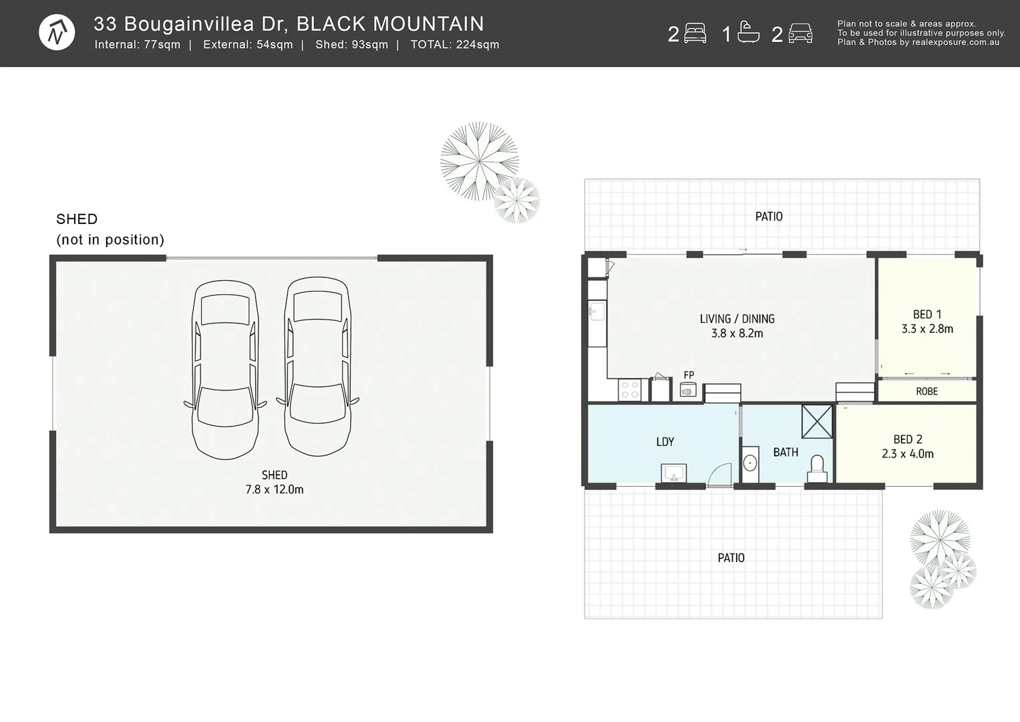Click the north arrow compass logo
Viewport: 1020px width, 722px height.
pos(57,32)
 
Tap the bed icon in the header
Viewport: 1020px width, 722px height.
pos(695,33)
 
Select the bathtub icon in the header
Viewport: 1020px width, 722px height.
pos(748,33)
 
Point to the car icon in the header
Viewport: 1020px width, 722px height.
pos(800,33)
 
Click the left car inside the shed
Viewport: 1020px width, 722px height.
pos(225,370)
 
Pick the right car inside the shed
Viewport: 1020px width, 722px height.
pos(318,367)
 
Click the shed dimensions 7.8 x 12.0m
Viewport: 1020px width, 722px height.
pos(275,489)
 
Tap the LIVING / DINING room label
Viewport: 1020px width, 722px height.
pos(737,319)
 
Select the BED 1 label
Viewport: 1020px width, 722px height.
pos(927,314)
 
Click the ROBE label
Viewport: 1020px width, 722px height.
pos(926,391)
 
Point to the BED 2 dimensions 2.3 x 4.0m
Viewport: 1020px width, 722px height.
pos(907,454)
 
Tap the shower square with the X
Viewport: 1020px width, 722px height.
pos(817,421)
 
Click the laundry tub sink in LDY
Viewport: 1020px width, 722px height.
pos(673,473)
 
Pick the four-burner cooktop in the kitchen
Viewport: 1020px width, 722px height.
pos(630,390)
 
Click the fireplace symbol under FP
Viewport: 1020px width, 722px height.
pos(688,390)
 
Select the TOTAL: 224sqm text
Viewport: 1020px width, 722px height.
pos(455,45)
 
